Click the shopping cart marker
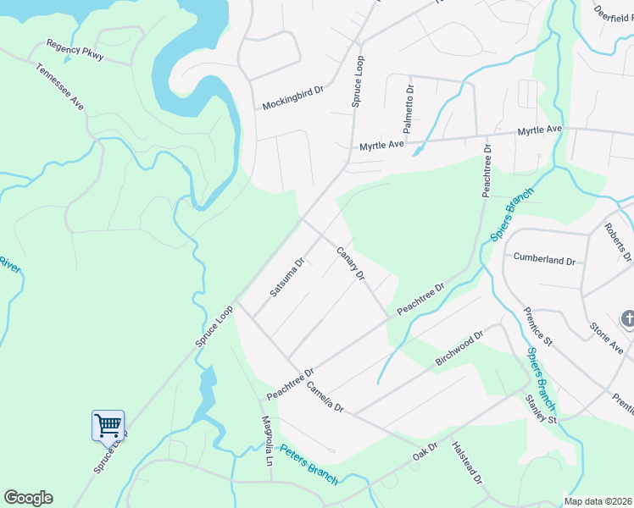108,424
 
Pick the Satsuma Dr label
286,277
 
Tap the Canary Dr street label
350,263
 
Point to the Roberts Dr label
618,241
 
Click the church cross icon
628,319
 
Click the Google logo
28,498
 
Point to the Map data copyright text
598,501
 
